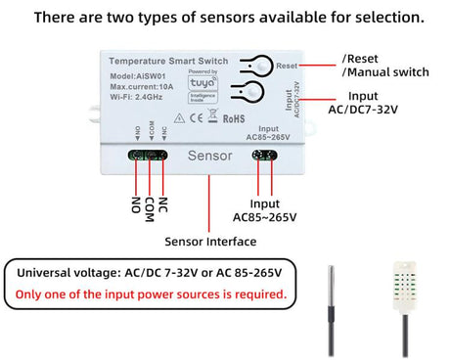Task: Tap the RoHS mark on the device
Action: (x=234, y=119)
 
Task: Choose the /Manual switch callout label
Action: (x=385, y=72)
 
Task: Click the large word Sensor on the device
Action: (x=208, y=156)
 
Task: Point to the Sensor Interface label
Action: (x=209, y=242)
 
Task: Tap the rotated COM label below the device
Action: (x=149, y=207)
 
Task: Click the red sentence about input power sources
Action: (x=150, y=293)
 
